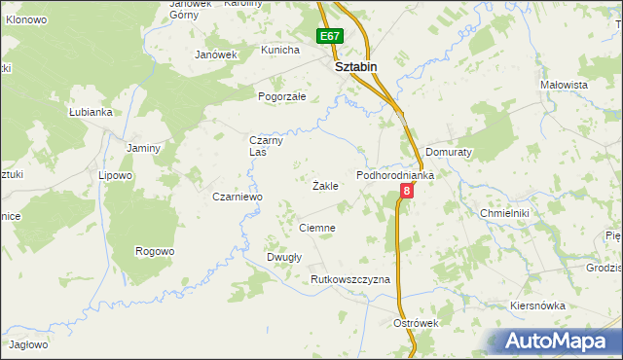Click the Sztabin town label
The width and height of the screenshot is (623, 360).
point(355,68)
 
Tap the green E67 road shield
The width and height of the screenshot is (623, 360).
point(330,37)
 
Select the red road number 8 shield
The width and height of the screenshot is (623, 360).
point(406,192)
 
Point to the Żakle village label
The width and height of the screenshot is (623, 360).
point(325,185)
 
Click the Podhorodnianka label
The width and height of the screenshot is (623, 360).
point(394,175)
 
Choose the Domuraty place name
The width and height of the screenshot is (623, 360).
point(449,154)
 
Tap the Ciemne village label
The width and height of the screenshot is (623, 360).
point(317,228)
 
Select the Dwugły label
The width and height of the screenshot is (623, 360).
point(284,257)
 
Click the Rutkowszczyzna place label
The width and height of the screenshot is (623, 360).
point(350,279)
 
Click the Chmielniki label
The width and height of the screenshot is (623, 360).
point(503,212)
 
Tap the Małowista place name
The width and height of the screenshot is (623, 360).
point(565,86)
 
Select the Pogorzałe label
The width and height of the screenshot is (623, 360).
point(282,97)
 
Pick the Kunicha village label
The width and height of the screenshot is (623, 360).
point(279,50)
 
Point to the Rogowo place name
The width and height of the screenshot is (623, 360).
point(155,251)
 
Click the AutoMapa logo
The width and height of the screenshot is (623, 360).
point(563,342)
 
